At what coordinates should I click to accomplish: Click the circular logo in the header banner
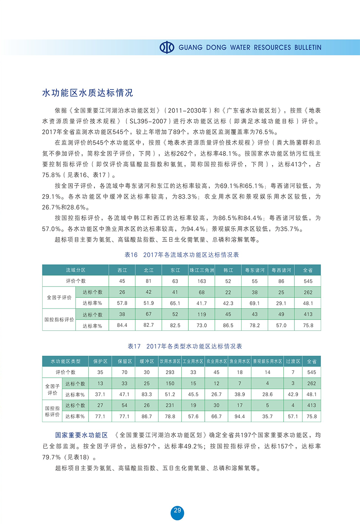(166, 47)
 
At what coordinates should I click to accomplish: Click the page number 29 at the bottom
(177, 510)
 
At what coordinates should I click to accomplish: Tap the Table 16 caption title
(182, 255)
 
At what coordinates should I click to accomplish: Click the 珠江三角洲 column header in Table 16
(202, 270)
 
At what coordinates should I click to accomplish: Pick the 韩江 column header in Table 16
(228, 270)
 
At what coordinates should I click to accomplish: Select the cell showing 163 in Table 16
(202, 281)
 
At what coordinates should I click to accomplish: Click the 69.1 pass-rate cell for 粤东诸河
(255, 303)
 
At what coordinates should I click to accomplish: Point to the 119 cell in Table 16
(202, 314)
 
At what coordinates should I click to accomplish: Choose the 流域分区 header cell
(76, 270)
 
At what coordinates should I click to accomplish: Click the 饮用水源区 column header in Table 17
(170, 361)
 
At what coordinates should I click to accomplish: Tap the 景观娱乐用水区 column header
(267, 361)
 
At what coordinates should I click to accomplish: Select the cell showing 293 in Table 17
(170, 372)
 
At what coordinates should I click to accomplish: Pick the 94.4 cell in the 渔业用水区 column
(239, 416)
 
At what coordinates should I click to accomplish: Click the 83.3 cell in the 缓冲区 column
(146, 394)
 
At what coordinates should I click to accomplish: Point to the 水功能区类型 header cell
(65, 361)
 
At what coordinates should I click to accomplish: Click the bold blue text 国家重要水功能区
(82, 434)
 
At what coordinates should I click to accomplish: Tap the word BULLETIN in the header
(306, 47)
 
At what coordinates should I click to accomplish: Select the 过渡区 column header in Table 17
(293, 361)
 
